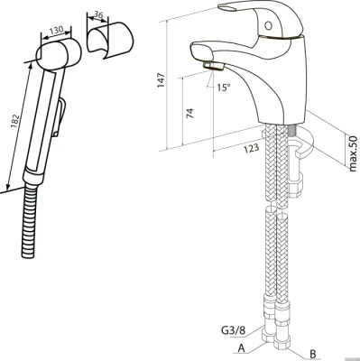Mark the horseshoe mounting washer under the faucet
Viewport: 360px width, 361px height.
(300, 143)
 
